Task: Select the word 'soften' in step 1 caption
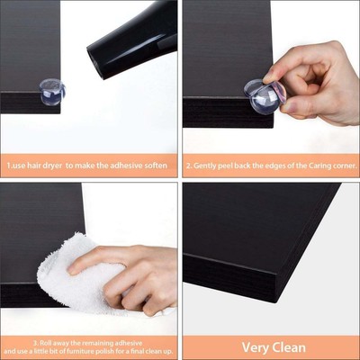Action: (x=155, y=166)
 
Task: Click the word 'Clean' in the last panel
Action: (x=289, y=346)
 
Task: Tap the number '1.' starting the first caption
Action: (x=9, y=166)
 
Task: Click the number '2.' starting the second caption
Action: (x=190, y=166)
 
